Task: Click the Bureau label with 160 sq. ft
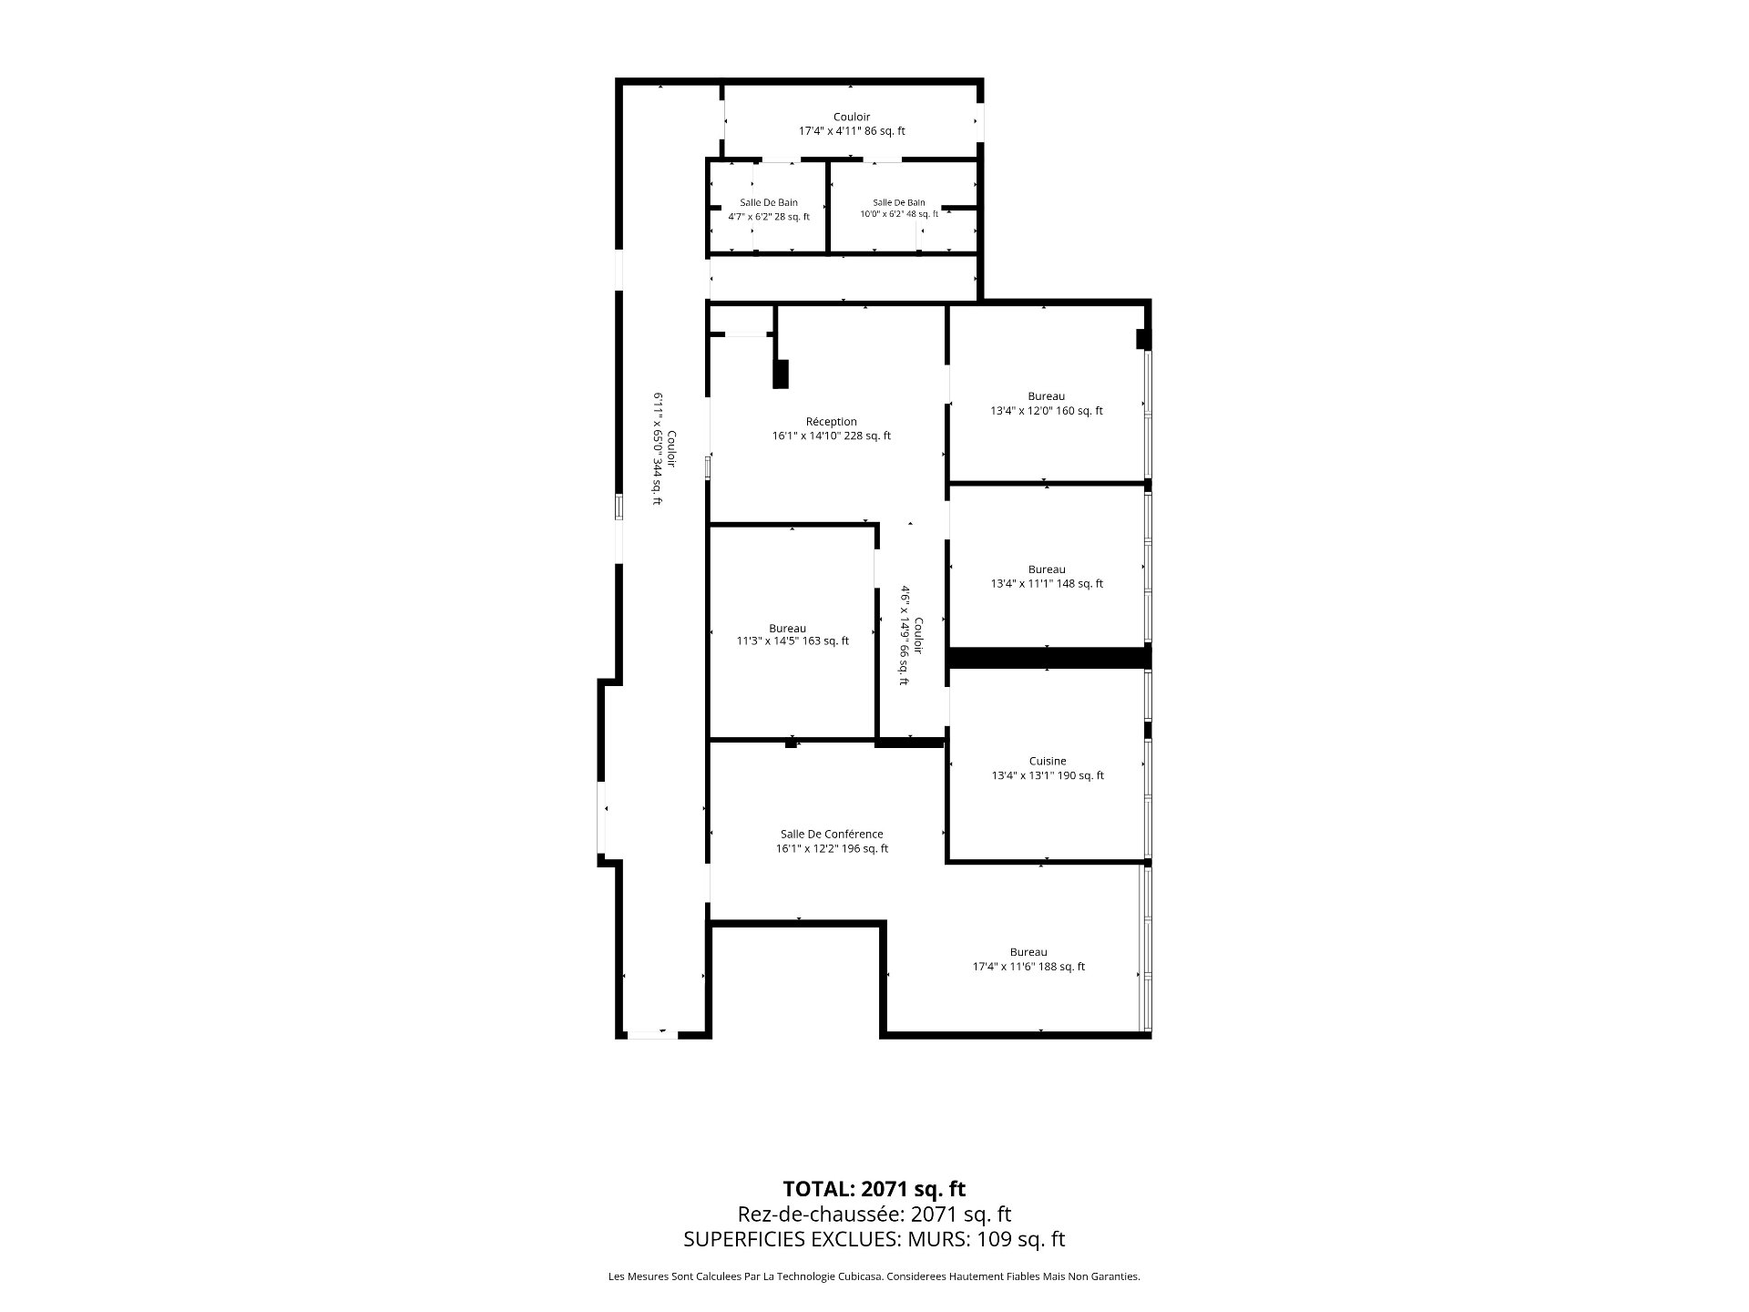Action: point(1047,404)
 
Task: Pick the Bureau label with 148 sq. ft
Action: point(1047,577)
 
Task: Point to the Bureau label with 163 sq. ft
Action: point(793,635)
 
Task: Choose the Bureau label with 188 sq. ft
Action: point(1028,959)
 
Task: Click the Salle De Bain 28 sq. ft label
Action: point(769,210)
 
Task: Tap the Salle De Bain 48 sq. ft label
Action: point(899,209)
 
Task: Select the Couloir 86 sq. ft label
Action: point(852,124)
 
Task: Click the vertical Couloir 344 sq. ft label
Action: point(664,448)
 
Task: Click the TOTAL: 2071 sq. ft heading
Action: point(874,1189)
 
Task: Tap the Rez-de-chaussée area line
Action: point(874,1215)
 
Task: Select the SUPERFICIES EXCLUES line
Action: point(874,1239)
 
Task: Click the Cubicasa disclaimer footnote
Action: point(874,1276)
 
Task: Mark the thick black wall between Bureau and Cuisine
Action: point(1049,657)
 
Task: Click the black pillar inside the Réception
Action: point(781,374)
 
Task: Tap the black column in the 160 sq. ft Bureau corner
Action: point(1142,339)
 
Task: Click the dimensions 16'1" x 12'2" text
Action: point(832,848)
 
